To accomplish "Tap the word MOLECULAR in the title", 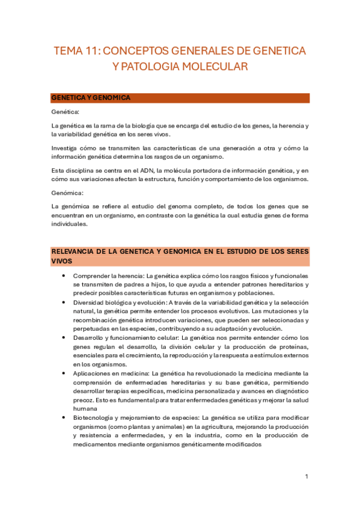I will pyautogui.click(x=219, y=67).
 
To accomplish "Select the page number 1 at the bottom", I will pyautogui.click(x=307, y=476).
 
